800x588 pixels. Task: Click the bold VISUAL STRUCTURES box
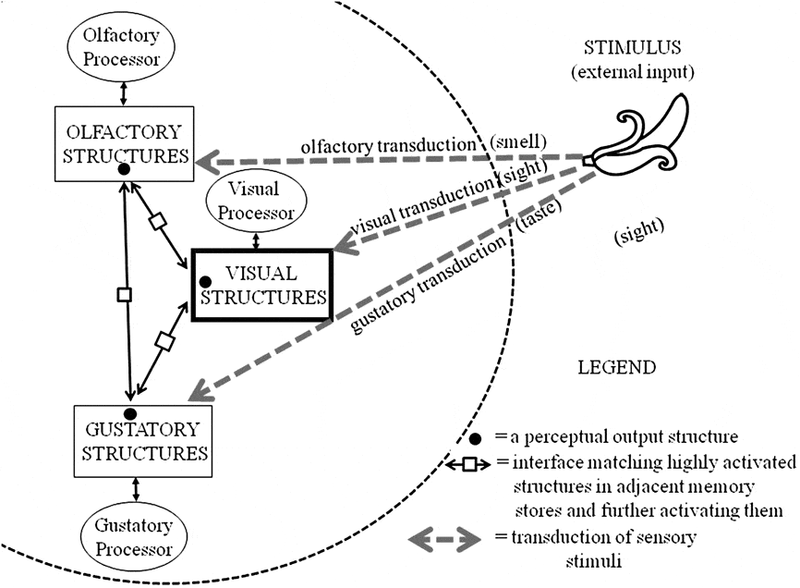[x=261, y=285]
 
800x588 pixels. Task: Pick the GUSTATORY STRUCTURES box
[x=139, y=441]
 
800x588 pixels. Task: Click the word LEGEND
[x=616, y=367]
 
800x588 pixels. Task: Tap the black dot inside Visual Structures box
[x=205, y=280]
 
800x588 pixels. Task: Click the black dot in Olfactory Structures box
[x=123, y=170]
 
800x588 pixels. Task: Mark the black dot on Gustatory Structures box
[x=131, y=413]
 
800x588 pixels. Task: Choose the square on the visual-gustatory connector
[x=164, y=342]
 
